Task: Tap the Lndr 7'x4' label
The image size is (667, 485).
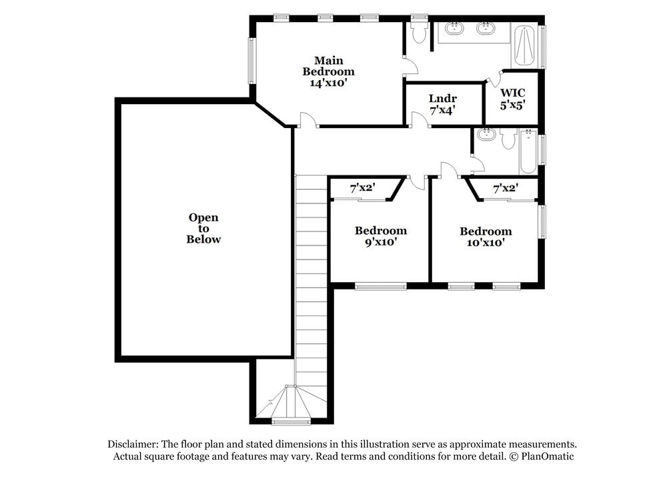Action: [443, 105]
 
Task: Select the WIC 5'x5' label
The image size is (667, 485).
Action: [513, 99]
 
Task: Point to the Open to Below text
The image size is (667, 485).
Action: [203, 228]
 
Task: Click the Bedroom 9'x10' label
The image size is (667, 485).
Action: [380, 236]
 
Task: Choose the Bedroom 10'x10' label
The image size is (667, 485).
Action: [486, 237]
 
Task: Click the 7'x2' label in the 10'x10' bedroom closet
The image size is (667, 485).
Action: [505, 189]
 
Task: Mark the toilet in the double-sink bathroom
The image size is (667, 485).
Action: [419, 33]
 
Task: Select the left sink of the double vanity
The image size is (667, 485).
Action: [456, 29]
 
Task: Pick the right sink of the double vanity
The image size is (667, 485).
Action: [486, 29]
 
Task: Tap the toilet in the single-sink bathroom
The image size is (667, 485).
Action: [508, 139]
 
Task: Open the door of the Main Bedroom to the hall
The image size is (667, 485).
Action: [306, 120]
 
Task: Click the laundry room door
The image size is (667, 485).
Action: [420, 120]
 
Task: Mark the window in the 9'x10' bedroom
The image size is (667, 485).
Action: [380, 287]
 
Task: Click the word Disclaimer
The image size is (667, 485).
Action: [133, 444]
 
